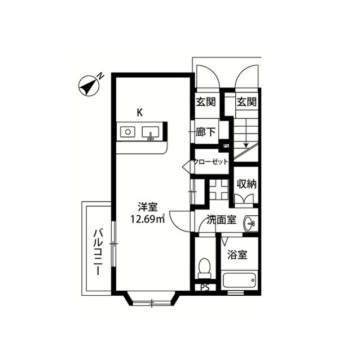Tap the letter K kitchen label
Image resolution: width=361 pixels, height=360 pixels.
(139, 113)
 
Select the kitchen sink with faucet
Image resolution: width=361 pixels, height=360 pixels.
(151, 132)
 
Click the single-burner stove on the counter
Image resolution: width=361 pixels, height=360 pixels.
(128, 132)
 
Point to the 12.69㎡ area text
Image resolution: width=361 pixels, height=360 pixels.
(148, 219)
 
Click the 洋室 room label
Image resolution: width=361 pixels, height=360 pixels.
(148, 207)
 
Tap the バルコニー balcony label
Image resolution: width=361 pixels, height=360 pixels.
(98, 251)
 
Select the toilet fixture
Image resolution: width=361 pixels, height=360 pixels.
(204, 268)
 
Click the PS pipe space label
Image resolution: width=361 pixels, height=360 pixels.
(205, 287)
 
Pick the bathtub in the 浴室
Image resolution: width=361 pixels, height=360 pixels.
(239, 280)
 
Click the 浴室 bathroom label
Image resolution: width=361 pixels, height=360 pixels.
(237, 255)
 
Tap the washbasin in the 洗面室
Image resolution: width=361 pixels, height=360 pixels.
(249, 223)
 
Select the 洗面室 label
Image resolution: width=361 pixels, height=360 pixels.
(222, 220)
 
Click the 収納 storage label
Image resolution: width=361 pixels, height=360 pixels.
(247, 184)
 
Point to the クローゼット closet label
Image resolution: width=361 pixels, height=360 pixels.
(210, 162)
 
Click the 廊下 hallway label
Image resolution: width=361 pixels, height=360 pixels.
(205, 132)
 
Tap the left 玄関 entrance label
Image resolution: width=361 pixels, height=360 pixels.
(205, 101)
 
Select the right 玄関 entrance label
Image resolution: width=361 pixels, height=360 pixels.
(247, 101)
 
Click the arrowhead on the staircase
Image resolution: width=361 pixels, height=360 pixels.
(246, 145)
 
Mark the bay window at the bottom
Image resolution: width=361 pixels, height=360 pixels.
(152, 299)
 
